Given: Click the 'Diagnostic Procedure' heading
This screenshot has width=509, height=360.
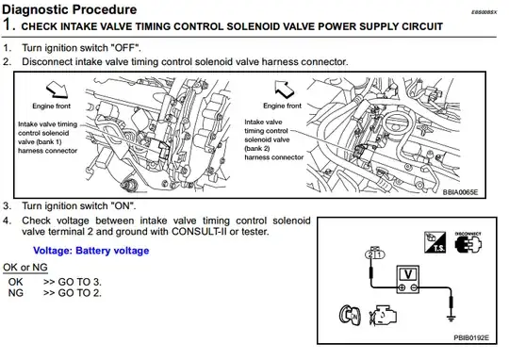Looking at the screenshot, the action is [70, 9].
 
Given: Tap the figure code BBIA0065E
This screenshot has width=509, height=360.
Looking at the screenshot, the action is [460, 192].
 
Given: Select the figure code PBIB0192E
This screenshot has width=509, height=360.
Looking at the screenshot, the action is [471, 338].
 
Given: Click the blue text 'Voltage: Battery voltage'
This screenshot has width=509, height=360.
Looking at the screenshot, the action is [91, 251].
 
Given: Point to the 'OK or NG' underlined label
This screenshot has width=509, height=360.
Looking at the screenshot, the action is [25, 267].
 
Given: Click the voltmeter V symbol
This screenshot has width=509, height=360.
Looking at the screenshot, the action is [408, 274].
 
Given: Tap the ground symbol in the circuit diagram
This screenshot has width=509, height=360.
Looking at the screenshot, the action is [451, 319].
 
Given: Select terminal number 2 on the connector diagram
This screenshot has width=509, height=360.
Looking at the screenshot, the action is [370, 254].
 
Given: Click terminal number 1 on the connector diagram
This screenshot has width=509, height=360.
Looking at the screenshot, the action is [380, 254].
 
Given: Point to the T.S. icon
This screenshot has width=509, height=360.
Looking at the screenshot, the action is [435, 242].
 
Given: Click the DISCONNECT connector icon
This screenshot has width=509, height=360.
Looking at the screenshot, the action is [468, 242].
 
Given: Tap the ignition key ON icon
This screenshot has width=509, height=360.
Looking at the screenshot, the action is [350, 315].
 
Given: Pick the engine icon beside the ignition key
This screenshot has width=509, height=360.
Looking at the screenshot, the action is [383, 315].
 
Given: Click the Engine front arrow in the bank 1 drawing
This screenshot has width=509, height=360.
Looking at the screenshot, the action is [57, 90].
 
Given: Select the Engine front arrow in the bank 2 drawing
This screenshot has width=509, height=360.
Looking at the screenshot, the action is [284, 90].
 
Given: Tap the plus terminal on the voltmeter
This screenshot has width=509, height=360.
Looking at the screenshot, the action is [402, 287].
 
